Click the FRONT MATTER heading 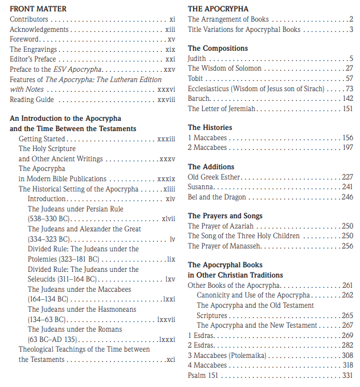click(38, 9)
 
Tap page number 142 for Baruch click(347, 98)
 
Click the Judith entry click(197, 58)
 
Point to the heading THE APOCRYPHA click(218, 9)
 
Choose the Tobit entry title click(195, 78)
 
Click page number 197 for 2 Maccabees click(347, 148)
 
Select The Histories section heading click(210, 128)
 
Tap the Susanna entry click(201, 187)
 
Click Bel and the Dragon click(217, 197)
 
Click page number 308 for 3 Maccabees click(347, 355)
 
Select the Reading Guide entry click(32, 99)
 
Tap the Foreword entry click(24, 39)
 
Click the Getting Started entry click(42, 138)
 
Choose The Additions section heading click(211, 167)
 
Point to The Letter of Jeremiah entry click(222, 108)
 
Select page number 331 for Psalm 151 click(347, 376)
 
